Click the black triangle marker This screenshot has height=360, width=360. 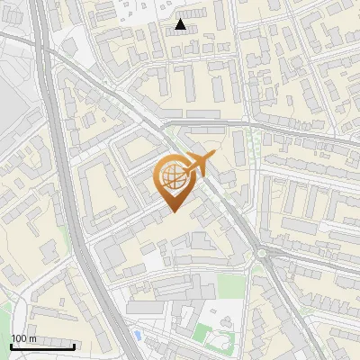181,25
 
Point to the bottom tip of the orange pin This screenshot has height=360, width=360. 172,212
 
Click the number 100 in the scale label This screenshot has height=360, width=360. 19,337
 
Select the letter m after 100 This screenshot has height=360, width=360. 32,337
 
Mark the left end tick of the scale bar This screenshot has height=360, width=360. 11,344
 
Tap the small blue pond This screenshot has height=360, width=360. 137,335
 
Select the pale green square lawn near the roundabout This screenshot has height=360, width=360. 231,286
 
